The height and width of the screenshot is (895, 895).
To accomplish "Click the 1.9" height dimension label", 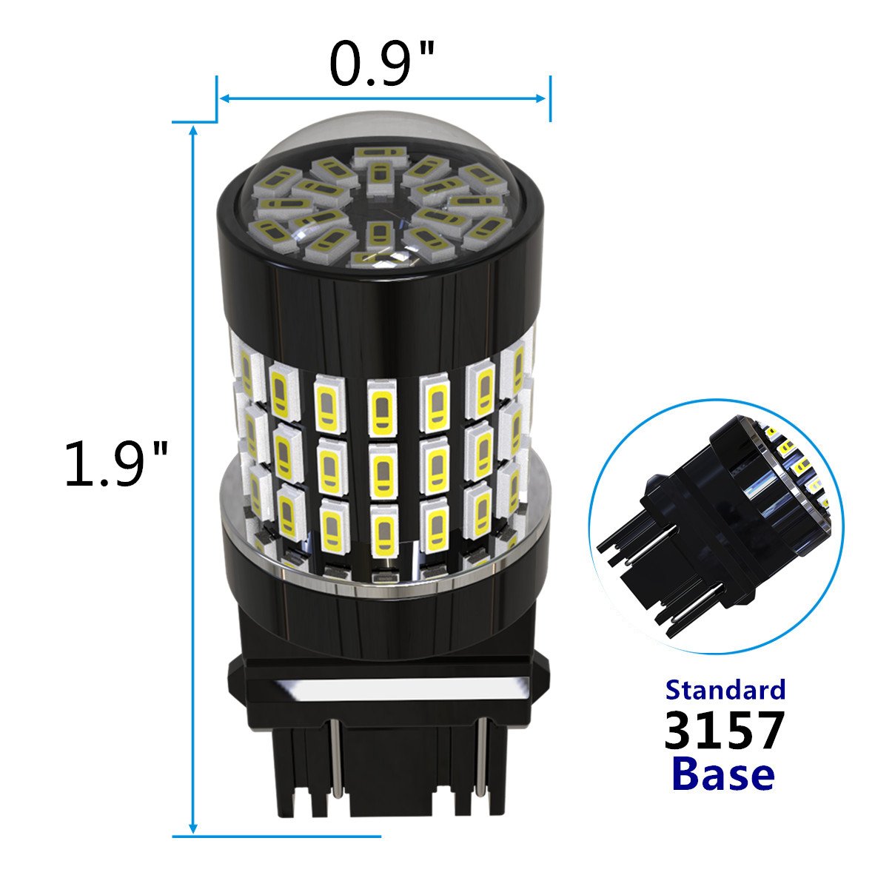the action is click(x=116, y=464).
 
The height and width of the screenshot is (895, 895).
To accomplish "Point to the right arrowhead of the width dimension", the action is click(x=540, y=98).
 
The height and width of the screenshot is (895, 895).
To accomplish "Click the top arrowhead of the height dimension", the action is click(x=194, y=130).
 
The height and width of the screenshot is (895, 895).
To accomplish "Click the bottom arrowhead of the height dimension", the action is click(x=193, y=828).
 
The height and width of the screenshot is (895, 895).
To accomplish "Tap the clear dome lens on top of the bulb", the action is click(x=380, y=195).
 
